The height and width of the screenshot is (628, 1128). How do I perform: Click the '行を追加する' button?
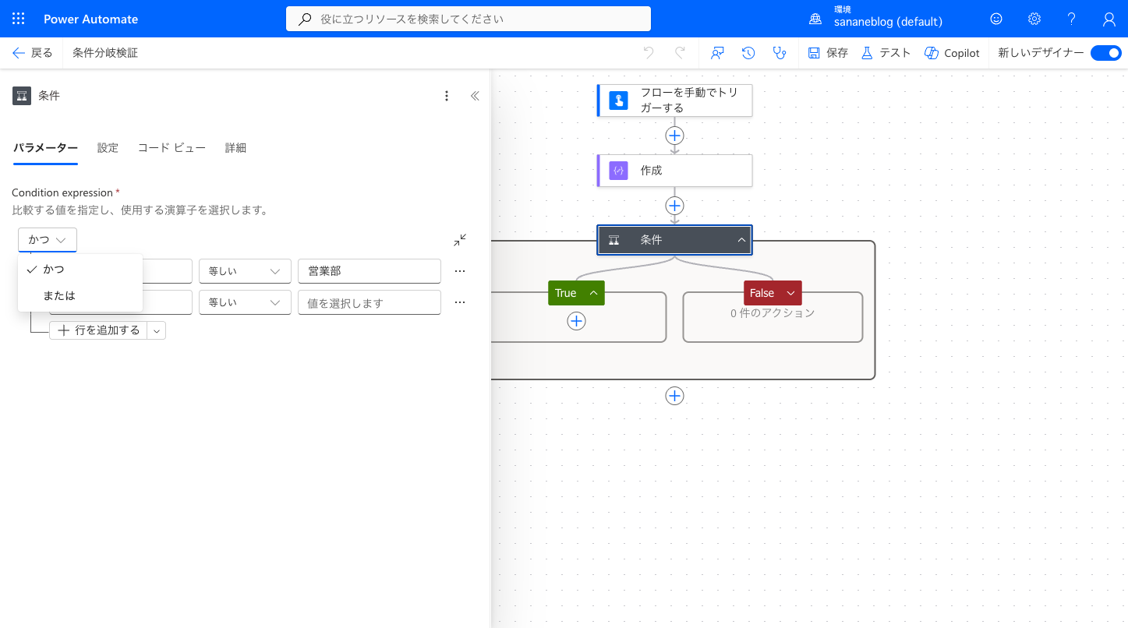(98, 330)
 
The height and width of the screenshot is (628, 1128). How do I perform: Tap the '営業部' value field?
(370, 271)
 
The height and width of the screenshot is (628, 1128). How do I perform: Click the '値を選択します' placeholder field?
(370, 303)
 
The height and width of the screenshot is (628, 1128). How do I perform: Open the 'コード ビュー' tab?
(171, 148)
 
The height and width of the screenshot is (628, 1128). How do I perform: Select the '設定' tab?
(108, 148)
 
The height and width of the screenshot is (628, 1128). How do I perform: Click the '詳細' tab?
(235, 148)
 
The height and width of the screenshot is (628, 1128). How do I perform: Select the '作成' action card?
(674, 171)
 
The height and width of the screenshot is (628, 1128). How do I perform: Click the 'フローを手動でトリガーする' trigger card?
(674, 101)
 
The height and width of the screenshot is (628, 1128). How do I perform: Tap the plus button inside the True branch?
(576, 321)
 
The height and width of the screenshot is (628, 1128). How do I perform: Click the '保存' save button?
(828, 53)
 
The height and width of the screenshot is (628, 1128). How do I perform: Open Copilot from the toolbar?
(952, 53)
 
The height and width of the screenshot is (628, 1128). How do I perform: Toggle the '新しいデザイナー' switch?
(1105, 53)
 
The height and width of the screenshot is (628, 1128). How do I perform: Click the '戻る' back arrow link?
(32, 53)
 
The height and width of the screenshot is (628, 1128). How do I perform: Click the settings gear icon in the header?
(1034, 19)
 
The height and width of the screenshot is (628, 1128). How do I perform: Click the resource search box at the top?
(469, 19)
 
